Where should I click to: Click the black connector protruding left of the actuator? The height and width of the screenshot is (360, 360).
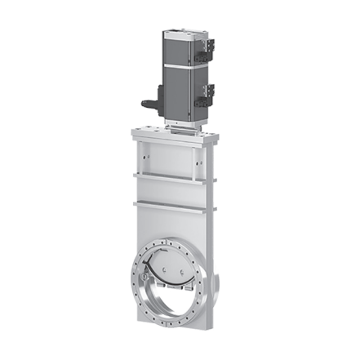coord(150,104)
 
